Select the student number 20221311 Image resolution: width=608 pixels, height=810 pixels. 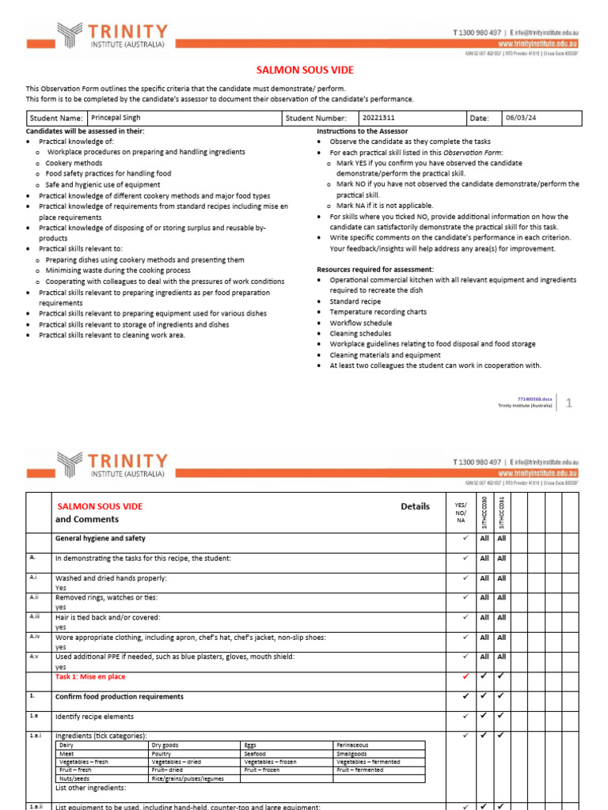(378, 118)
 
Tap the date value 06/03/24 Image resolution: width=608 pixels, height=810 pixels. (522, 118)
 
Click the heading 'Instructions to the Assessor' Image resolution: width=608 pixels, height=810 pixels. (363, 131)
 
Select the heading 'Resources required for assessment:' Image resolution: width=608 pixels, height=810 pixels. (375, 269)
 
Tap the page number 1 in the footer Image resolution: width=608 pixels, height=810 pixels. (568, 403)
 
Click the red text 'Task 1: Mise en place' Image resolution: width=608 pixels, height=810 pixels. (90, 677)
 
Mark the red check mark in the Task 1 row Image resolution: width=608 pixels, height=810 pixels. (465, 676)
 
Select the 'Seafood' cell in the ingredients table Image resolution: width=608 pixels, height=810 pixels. (256, 753)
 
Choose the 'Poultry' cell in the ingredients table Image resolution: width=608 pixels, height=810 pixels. (163, 753)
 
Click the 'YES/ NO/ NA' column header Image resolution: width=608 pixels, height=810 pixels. (460, 513)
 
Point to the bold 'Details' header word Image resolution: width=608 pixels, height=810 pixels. (415, 506)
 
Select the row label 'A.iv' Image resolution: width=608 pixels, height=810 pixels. (35, 636)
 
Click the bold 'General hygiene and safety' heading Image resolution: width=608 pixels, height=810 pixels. (100, 539)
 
